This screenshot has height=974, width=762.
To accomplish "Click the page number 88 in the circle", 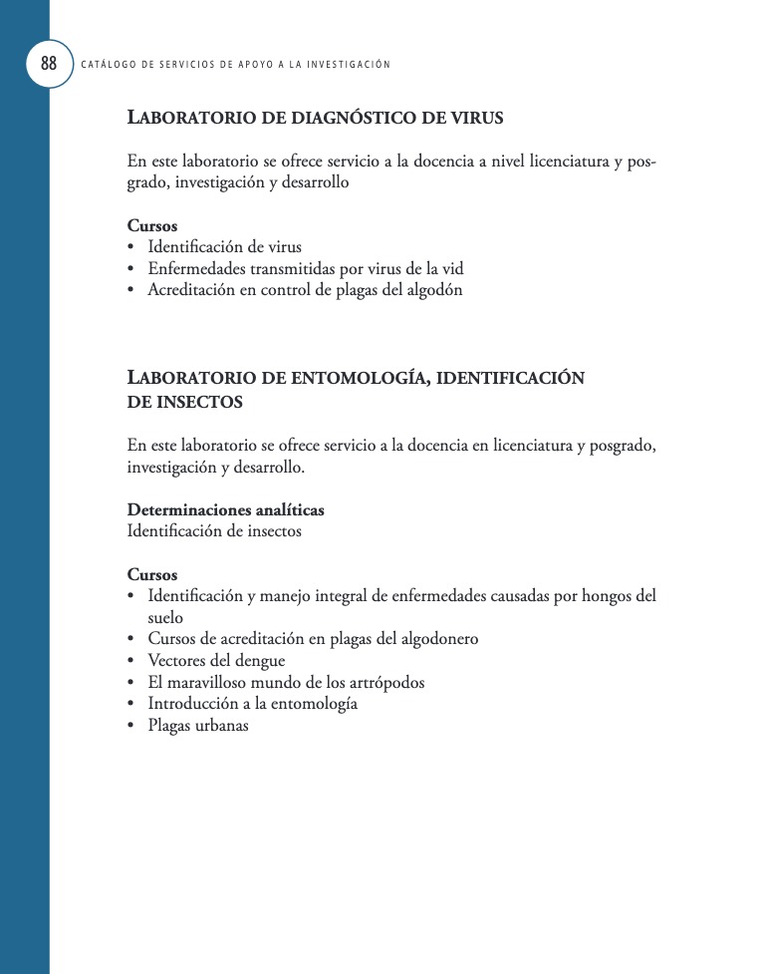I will pyautogui.click(x=48, y=64).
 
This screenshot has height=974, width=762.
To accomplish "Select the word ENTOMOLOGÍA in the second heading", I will pyautogui.click(x=359, y=378).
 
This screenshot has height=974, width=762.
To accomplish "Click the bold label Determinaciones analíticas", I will pyautogui.click(x=225, y=509).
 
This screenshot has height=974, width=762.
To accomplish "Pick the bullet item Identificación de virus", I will pyautogui.click(x=224, y=246).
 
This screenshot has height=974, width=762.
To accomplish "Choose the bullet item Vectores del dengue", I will pyautogui.click(x=216, y=660).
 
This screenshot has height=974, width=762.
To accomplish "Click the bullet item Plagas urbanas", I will pyautogui.click(x=197, y=726).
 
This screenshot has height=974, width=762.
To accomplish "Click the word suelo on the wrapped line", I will pyautogui.click(x=165, y=617).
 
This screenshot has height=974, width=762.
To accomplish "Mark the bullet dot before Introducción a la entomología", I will pyautogui.click(x=131, y=704).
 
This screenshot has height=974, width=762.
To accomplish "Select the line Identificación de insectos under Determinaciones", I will pyautogui.click(x=214, y=531).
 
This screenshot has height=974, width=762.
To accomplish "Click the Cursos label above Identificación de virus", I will pyautogui.click(x=152, y=225).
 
